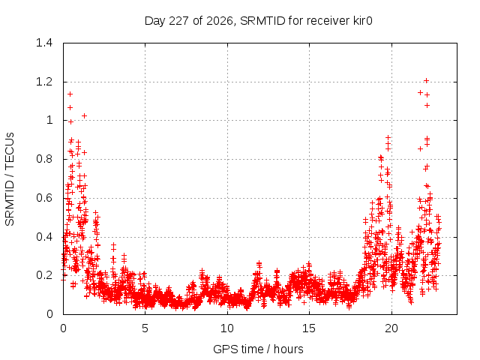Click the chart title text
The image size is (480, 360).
pos(258,21)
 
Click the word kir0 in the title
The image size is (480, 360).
pos(362,20)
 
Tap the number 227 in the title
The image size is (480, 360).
pos(178,20)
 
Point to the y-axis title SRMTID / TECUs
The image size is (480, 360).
pos(10,179)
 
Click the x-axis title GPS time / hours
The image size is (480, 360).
pos(258,349)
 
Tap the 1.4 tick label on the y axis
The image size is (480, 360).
pos(44,43)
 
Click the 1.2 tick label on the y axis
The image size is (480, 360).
pos(44,82)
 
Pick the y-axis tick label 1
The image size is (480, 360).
pos(49,120)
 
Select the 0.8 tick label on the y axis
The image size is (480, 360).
pos(44,159)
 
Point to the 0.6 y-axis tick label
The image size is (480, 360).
pos(44,198)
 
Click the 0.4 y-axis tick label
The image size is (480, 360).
pos(44,237)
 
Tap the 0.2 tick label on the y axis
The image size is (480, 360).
pos(44,275)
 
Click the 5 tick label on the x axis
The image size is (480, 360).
pos(145,328)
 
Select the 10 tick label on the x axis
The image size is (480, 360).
pos(227,328)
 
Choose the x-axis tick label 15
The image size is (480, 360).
pos(309,328)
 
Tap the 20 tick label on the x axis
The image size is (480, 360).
pos(391,328)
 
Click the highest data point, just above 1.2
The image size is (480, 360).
pos(426,81)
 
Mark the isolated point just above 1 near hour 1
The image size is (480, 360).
pos(85,116)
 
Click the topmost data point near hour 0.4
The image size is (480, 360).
pos(70,94)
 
